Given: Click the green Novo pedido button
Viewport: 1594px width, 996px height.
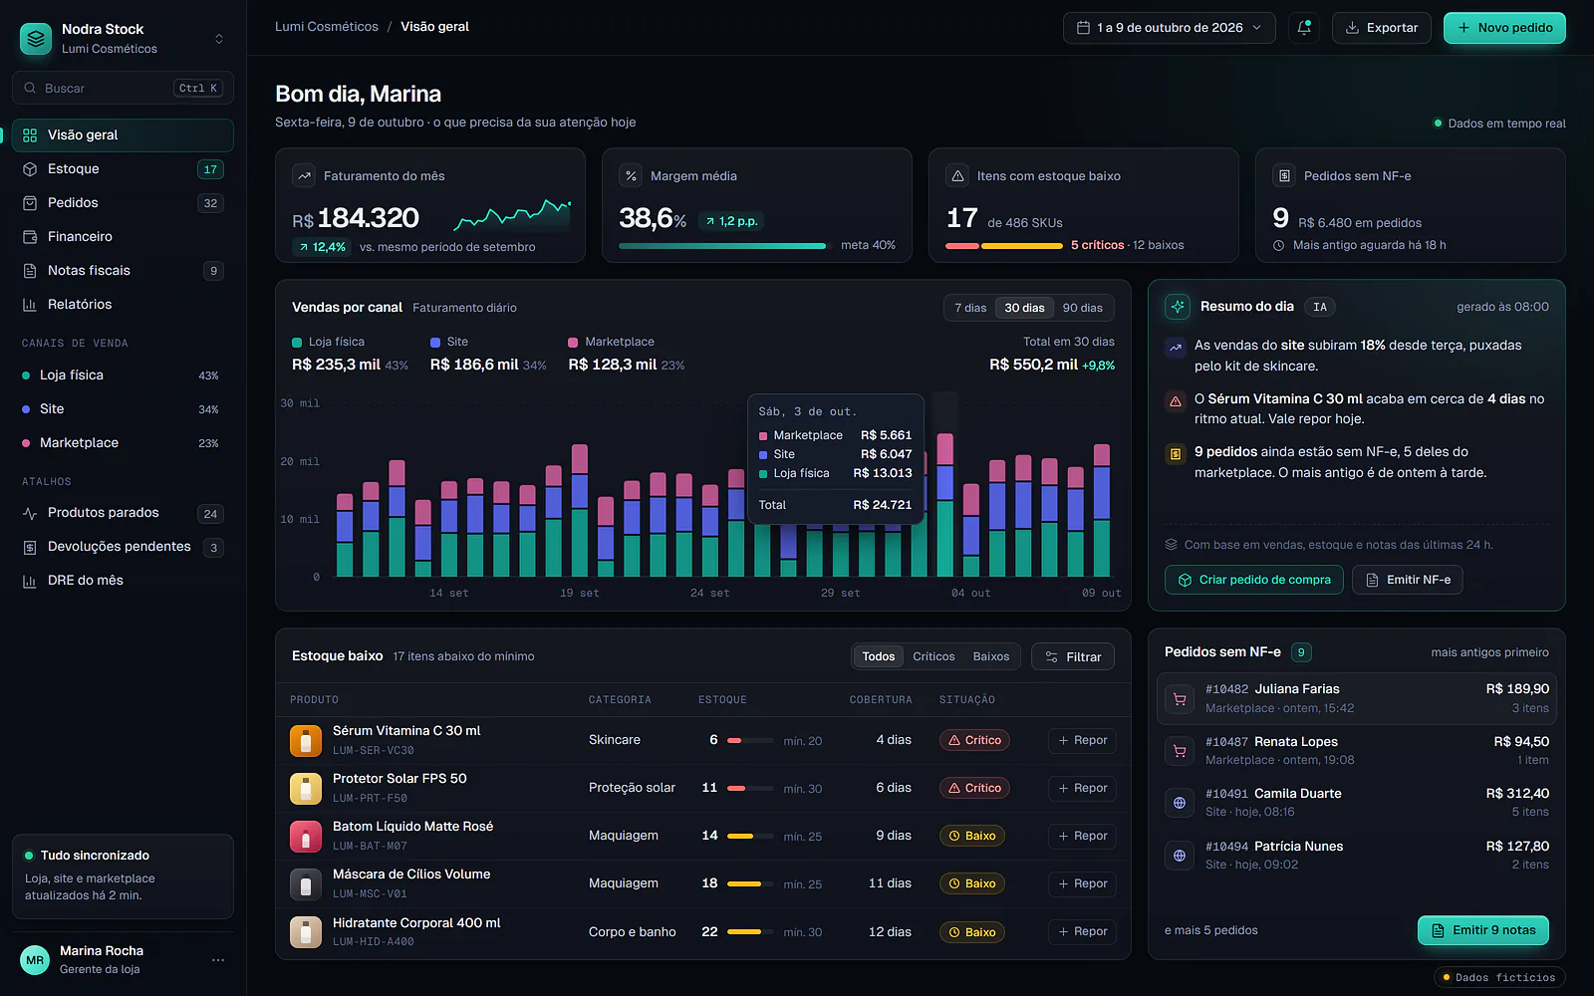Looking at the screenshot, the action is pos(1504,28).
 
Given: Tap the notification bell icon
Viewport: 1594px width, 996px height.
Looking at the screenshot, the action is pos(1304,28).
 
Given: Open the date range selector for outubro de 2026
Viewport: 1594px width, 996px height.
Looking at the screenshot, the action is pos(1170,28).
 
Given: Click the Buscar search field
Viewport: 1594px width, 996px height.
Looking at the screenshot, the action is pos(123,89).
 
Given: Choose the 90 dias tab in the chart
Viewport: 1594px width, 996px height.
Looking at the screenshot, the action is pos(1082,308).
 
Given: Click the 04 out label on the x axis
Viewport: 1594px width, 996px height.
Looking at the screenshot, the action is pos(970,593).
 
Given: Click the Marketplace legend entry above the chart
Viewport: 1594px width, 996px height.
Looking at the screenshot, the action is pos(612,342).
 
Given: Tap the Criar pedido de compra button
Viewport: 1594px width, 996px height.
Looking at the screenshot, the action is pos(1254,580).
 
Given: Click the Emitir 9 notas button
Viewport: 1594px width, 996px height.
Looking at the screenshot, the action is pos(1483,930).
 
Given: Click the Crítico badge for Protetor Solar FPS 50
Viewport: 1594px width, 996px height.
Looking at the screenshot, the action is pos(974,788).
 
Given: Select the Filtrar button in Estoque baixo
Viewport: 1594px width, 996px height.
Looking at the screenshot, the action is pos(1072,656).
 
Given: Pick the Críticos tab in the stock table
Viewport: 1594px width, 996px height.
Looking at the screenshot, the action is pos(933,656).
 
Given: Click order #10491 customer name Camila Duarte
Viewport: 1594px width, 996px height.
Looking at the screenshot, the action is pos(1297,793).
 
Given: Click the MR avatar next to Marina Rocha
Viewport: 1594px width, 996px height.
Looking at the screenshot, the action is pos(35,960).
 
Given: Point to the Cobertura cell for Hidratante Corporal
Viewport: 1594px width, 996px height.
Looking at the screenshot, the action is pos(890,931).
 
